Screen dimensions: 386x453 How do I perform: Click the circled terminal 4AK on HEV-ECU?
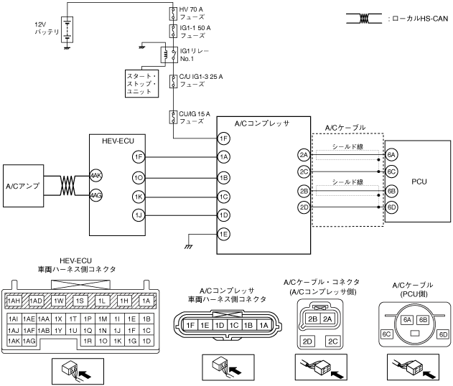tap(96, 175)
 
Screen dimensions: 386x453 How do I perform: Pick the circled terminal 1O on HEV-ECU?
tap(138, 176)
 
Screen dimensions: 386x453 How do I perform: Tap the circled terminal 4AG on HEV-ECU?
tap(96, 194)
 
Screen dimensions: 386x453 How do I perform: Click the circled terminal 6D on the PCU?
tap(391, 207)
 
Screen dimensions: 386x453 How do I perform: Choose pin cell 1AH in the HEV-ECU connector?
tap(14, 301)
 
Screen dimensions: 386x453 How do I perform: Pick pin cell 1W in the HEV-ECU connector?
tap(60, 301)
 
